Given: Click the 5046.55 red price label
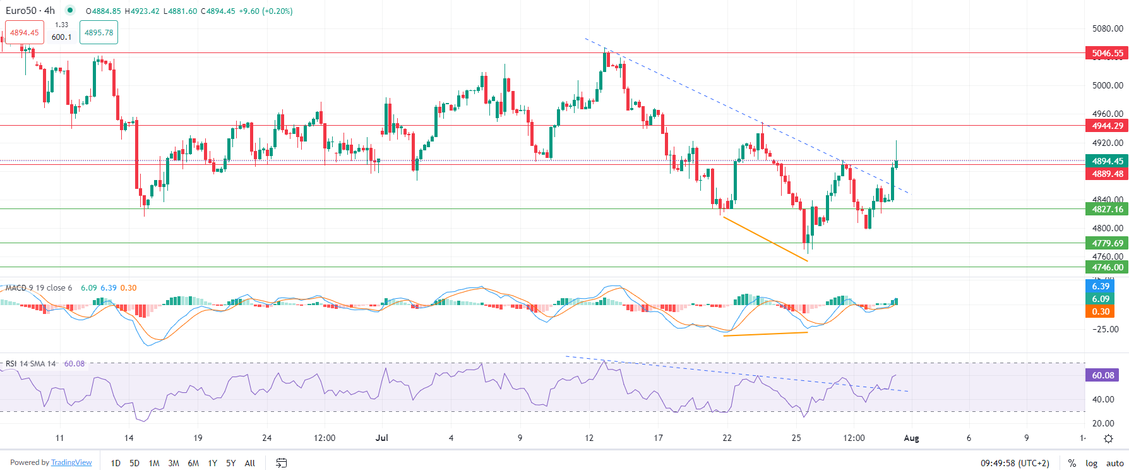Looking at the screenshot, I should pos(1107,54).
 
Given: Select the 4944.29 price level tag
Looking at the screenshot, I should pos(1107,126).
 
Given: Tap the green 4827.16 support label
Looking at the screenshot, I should pos(1107,209).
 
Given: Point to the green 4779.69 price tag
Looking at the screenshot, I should pos(1107,243).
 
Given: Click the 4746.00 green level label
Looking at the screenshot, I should pos(1107,267).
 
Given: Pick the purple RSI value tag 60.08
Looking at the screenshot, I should pos(1102,375).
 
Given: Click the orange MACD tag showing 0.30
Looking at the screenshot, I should pos(1101,311).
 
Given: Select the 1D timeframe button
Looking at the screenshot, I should pos(116,463).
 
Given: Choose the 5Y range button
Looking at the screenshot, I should pos(231,463).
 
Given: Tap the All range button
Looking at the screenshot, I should pos(250,463).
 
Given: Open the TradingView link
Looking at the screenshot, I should pos(71,462).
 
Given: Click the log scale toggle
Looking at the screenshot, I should pos(1091,463).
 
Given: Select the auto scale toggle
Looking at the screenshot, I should pos(1114,463).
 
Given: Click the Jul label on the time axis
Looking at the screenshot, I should pos(381,438).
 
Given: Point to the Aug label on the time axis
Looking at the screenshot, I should pos(911,438).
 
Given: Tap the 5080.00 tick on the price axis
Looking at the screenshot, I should pos(1108,28).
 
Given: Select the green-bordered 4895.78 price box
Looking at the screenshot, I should pos(99,33).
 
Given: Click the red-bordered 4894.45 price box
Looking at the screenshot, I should pos(24,33).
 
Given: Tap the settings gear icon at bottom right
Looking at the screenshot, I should pos(1108,438).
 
